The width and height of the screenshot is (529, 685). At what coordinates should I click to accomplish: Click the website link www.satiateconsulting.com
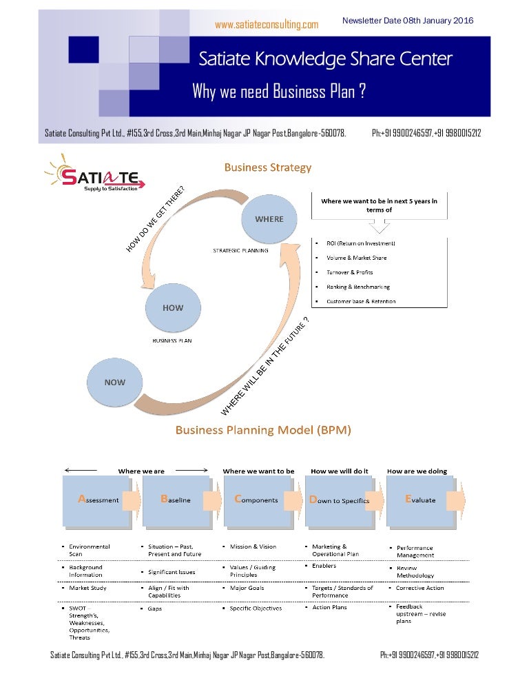267,25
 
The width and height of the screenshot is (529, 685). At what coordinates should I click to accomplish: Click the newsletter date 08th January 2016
408,21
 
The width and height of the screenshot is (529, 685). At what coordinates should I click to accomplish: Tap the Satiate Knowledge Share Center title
325,59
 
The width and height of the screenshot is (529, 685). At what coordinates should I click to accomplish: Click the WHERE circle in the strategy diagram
269,219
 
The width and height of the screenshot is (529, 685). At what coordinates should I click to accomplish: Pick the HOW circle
173,308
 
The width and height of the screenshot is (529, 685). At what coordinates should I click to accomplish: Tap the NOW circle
114,382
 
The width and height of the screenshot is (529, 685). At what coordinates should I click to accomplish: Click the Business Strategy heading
267,167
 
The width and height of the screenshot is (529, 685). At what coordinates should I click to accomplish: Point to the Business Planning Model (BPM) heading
263,430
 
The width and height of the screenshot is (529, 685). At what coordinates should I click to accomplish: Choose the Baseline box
176,500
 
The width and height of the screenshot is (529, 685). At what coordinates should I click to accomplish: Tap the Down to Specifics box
340,500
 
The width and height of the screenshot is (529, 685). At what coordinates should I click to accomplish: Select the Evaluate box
420,500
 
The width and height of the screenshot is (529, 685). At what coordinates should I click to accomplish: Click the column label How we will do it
340,471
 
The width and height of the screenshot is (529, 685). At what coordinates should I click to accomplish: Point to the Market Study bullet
87,588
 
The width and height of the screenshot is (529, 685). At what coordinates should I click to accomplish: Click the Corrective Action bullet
419,588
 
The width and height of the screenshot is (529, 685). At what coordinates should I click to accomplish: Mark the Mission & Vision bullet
253,546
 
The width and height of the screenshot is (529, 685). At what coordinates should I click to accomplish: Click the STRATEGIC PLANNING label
240,251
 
